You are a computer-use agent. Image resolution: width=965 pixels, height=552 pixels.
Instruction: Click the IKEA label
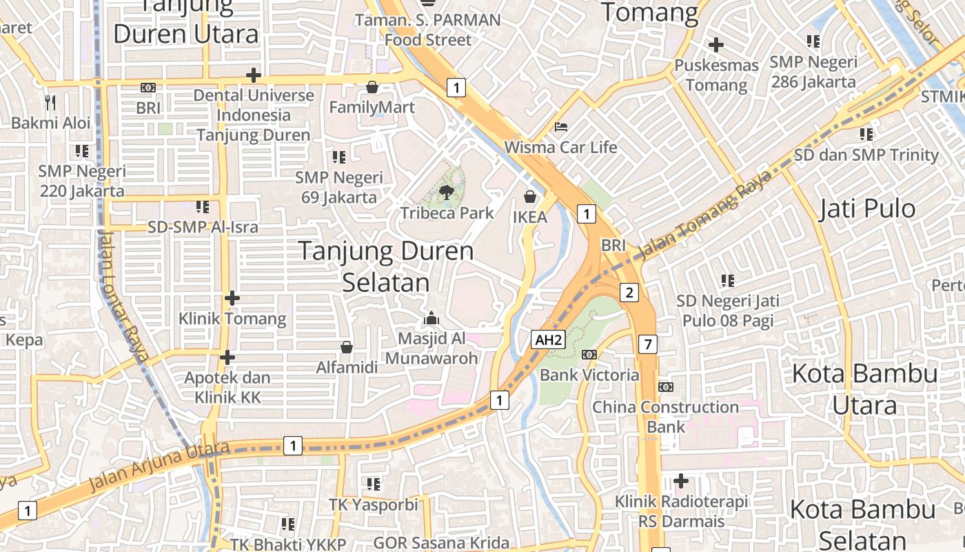point(530,217)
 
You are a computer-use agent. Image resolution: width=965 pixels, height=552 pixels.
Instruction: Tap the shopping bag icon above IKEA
point(530,197)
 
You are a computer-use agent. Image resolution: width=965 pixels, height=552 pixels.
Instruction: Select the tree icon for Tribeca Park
point(447,193)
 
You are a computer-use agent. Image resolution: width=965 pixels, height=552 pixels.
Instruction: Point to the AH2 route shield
point(549,339)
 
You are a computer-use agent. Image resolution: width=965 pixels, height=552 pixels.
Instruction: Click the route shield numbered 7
point(647,344)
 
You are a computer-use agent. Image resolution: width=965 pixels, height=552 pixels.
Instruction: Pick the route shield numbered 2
point(629,293)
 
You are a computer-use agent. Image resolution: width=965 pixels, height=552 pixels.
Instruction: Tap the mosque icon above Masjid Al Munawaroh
point(431,318)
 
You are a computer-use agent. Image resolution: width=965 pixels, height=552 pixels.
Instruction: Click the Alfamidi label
point(347,367)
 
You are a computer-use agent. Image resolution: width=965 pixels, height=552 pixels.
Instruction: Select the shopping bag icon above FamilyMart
point(372,87)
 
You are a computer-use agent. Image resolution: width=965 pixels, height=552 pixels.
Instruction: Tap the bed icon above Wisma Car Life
point(561,127)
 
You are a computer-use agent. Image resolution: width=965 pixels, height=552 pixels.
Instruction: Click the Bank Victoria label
point(589,375)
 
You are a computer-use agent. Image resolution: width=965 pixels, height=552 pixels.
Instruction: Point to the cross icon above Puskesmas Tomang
point(716,46)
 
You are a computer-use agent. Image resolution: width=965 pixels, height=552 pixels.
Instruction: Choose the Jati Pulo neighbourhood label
point(867,208)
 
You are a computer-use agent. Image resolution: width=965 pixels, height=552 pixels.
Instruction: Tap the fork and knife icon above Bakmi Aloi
point(50,103)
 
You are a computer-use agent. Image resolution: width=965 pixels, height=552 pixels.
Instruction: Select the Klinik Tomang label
point(232,319)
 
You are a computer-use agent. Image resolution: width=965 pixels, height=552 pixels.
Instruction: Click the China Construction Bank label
point(666,417)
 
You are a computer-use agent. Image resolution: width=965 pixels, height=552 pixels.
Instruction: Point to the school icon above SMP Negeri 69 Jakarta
point(338,157)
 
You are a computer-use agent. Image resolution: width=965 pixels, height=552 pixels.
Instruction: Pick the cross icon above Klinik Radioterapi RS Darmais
point(681,480)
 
